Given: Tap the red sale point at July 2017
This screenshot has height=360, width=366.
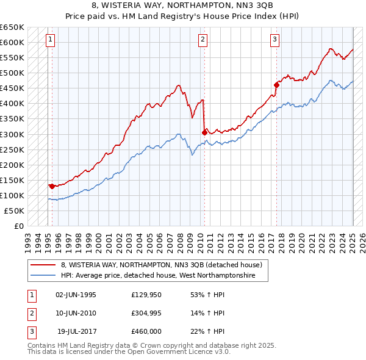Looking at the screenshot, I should point(276,85).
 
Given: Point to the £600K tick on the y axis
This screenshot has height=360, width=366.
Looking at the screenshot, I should point(12,43).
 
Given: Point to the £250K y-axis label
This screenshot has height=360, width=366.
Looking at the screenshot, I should point(12,149).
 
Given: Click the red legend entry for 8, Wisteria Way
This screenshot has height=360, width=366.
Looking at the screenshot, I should point(161,265).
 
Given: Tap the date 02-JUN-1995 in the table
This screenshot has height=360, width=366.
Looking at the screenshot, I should point(76,295).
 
